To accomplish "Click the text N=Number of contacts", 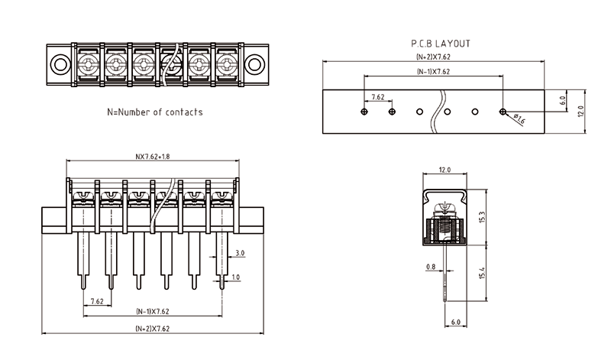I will pyautogui.click(x=155, y=112).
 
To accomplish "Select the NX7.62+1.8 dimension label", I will pyautogui.click(x=153, y=157).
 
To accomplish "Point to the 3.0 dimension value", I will pyautogui.click(x=240, y=252).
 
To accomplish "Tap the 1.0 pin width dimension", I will pyautogui.click(x=236, y=277).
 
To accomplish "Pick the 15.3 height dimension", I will pyautogui.click(x=480, y=218).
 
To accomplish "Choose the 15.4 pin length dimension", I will pyautogui.click(x=480, y=272).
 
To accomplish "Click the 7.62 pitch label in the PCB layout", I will pyautogui.click(x=377, y=98).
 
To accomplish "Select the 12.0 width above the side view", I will pyautogui.click(x=444, y=170).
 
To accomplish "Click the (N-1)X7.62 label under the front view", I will pyautogui.click(x=153, y=311).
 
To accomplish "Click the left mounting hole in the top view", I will pyautogui.click(x=59, y=62).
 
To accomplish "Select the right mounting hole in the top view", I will pyautogui.click(x=255, y=62).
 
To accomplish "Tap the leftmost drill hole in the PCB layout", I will pyautogui.click(x=364, y=112).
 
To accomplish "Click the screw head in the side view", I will pyautogui.click(x=444, y=207).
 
